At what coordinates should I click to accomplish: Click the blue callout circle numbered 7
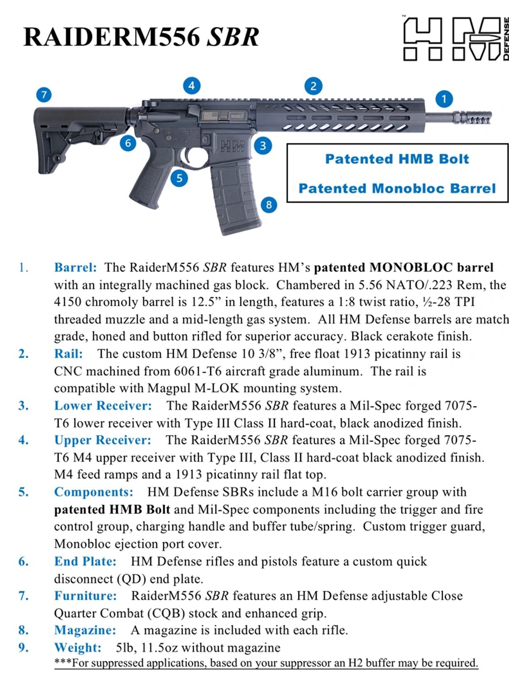(44, 95)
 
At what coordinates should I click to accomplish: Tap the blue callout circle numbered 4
(191, 86)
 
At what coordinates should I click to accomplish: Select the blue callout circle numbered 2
(313, 86)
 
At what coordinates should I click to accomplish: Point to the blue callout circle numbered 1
(444, 99)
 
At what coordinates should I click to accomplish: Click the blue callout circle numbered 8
(269, 204)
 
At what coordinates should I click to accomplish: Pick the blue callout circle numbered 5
(179, 178)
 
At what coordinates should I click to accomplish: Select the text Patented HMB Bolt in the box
(397, 159)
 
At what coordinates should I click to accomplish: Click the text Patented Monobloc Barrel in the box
(397, 189)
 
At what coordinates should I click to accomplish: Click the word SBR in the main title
(233, 37)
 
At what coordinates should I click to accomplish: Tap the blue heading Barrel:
(75, 267)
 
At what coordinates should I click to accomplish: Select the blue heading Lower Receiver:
(103, 405)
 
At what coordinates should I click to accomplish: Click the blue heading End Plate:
(85, 561)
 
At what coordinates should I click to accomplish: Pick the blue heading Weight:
(78, 647)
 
